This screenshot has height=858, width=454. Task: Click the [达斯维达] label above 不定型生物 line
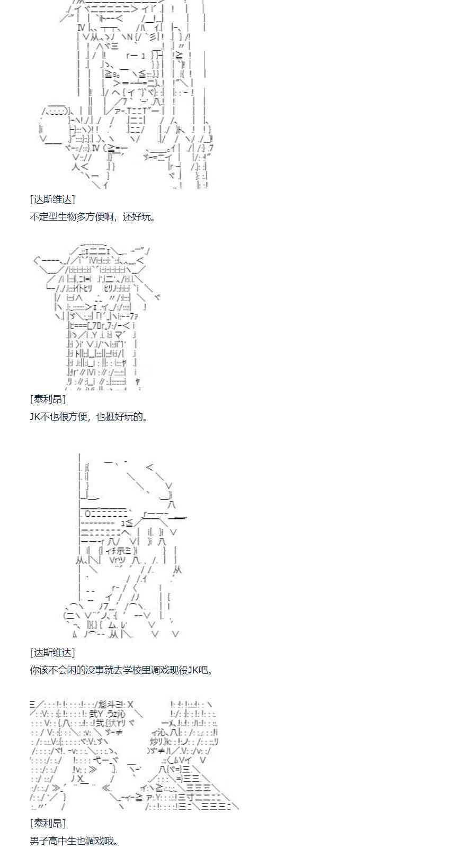click(52, 199)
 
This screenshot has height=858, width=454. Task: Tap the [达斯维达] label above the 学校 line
click(52, 652)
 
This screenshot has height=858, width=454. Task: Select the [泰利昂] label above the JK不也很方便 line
click(48, 399)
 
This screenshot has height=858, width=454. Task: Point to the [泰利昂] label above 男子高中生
click(48, 823)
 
